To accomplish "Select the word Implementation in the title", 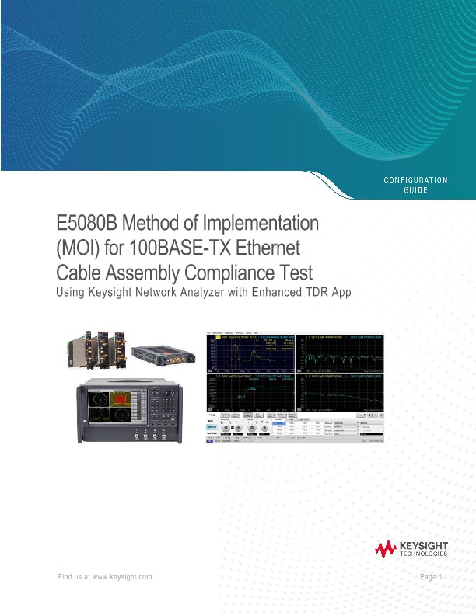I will coord(261,224).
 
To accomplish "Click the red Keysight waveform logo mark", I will coord(386,551).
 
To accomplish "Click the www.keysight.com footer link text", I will coord(122,577).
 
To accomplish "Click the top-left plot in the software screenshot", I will coord(253,352).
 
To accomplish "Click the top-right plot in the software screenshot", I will coord(345,352).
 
